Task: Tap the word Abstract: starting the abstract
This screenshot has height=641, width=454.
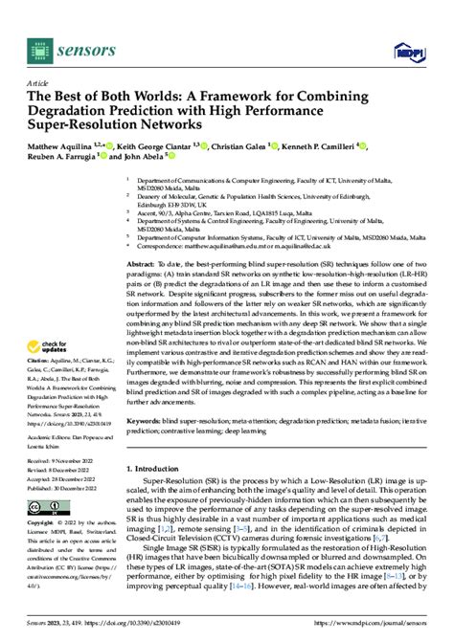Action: (144, 261)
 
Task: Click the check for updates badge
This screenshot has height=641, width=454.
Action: (54, 292)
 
